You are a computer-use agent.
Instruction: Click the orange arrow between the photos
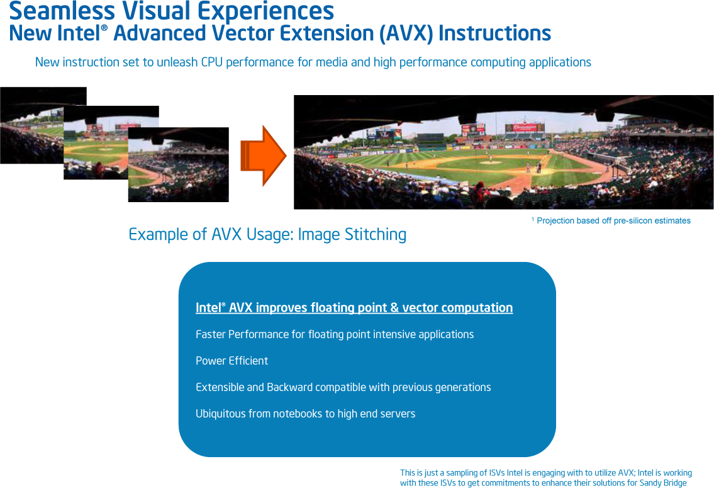(263, 156)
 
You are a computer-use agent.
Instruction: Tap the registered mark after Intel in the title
(104, 28)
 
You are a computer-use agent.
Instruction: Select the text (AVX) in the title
(406, 34)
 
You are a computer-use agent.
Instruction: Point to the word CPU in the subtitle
(211, 62)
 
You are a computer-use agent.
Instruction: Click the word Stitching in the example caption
(375, 235)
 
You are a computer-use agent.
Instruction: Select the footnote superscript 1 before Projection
(533, 219)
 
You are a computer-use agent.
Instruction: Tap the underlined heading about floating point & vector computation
(354, 307)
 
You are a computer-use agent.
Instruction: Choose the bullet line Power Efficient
(231, 361)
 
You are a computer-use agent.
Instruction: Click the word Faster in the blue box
(210, 334)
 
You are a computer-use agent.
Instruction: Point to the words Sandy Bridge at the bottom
(663, 483)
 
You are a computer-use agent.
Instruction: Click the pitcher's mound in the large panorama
(491, 161)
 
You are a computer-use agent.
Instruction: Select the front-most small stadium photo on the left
(179, 164)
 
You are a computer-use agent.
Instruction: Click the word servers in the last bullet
(398, 414)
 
